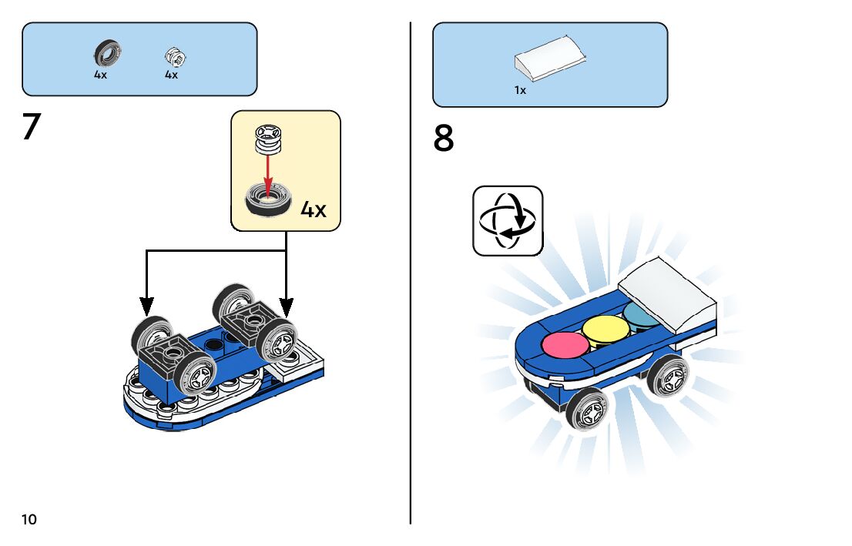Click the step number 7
click(x=31, y=127)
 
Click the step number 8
click(x=444, y=139)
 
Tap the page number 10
click(x=29, y=519)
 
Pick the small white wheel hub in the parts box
click(x=175, y=56)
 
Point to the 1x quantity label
click(x=520, y=90)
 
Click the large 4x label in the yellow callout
click(x=313, y=209)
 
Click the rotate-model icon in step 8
click(x=507, y=220)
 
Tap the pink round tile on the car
click(x=565, y=344)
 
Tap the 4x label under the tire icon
click(x=101, y=75)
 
